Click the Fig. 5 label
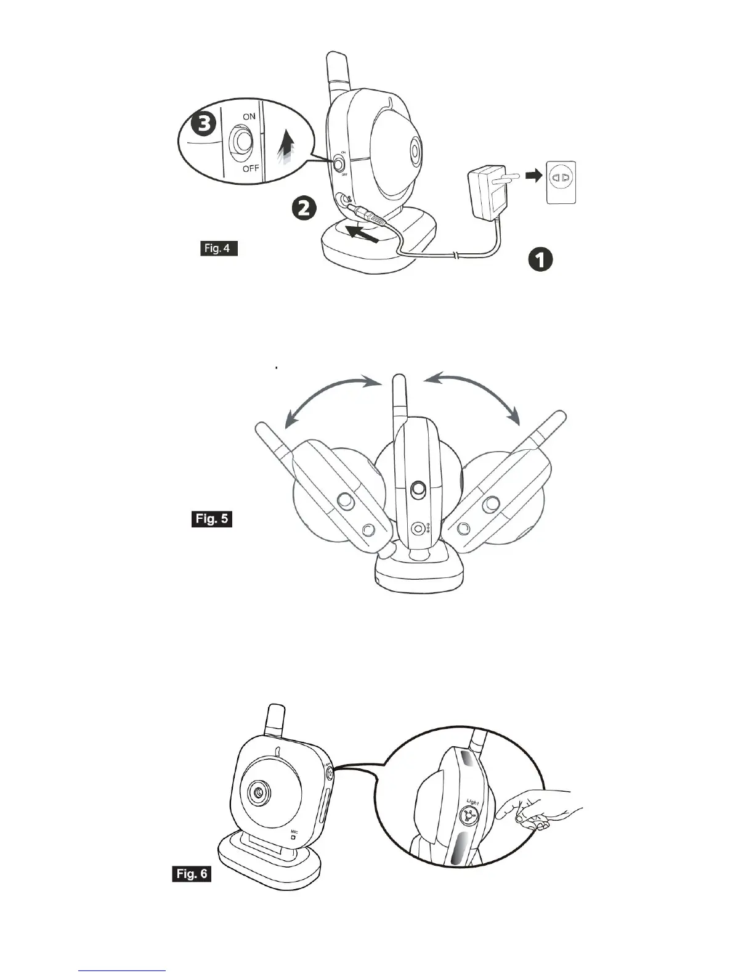pos(212,519)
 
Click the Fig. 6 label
pos(192,874)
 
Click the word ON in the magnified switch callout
pos(249,116)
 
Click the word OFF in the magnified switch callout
pos(250,168)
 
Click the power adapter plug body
pos(486,194)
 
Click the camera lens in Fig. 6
pos(259,792)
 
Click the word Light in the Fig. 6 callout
pos(472,802)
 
